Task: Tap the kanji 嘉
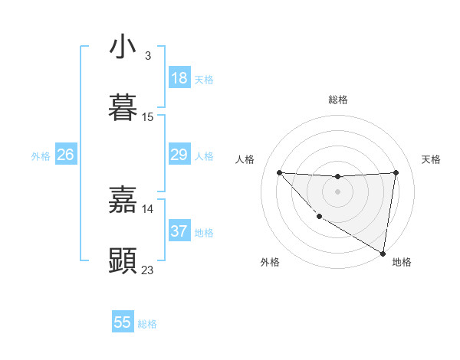[x=123, y=200]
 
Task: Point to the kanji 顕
[x=123, y=261]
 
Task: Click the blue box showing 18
[x=179, y=78]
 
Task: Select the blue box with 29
[x=179, y=155]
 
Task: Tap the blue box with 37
[x=179, y=231]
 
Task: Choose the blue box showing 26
[x=65, y=155]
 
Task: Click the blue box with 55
[x=123, y=322]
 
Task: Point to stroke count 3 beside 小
[x=147, y=56]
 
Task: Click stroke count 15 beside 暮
[x=148, y=117]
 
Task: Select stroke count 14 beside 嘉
[x=148, y=208]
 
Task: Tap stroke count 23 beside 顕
[x=148, y=270]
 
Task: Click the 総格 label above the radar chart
[x=338, y=100]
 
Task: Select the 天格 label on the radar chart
[x=431, y=159]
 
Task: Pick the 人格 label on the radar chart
[x=245, y=159]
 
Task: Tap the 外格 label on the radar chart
[x=269, y=262]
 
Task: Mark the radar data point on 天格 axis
[x=396, y=172]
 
